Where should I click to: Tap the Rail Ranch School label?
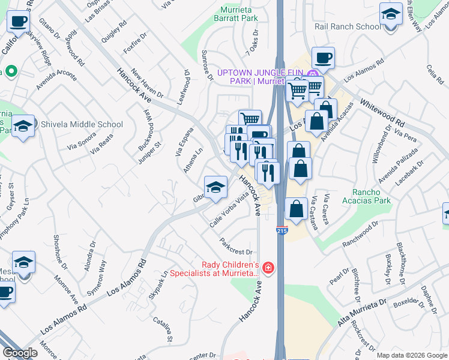pos(348,26)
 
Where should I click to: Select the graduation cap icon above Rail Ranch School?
pos(391,13)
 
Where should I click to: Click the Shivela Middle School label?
pos(82,125)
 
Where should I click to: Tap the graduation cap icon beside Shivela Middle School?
pos(23,127)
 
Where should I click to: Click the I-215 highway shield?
pos(282,230)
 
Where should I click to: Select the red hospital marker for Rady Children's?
pos(268,268)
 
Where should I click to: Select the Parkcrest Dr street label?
pos(238,248)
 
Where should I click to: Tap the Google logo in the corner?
pos(20,353)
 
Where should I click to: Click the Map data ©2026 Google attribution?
pos(412,355)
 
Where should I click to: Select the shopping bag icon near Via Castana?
pos(296,209)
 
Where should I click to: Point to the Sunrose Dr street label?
pos(209,65)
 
